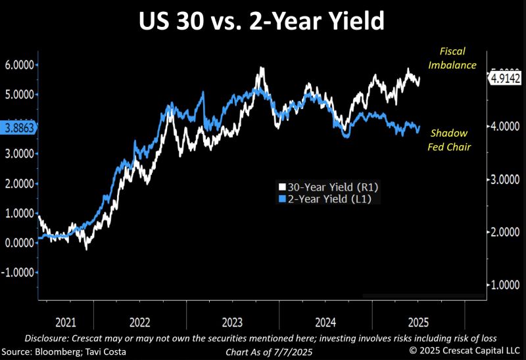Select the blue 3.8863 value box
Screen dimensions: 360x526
pyautogui.click(x=18, y=128)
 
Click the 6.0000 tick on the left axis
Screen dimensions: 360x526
pyautogui.click(x=20, y=65)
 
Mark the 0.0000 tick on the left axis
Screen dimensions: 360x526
pyautogui.click(x=20, y=242)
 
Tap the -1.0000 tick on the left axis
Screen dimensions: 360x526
pyautogui.click(x=18, y=272)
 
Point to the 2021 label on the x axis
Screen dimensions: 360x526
pyautogui.click(x=66, y=323)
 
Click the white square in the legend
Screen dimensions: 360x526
pyautogui.click(x=282, y=187)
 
